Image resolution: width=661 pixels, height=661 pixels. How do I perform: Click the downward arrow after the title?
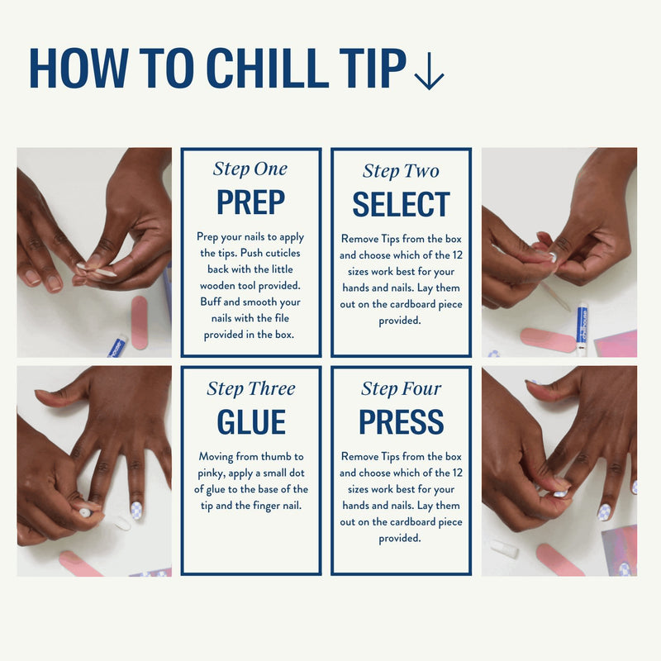[429, 71]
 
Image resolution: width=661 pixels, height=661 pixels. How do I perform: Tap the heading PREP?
[251, 202]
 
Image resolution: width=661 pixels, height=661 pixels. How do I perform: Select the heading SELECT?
[401, 204]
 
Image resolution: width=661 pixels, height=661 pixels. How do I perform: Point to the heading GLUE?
[251, 421]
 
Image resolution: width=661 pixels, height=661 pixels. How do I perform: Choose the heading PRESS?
[402, 421]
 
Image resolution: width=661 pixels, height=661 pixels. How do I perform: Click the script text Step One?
[250, 169]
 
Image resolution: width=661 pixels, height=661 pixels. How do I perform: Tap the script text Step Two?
[401, 171]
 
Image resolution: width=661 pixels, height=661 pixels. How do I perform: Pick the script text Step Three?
[251, 388]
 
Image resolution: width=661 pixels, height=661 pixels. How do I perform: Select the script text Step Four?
[401, 388]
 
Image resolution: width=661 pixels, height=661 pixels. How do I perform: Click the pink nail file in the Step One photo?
[140, 322]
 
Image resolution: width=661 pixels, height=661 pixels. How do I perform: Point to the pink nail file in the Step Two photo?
[548, 340]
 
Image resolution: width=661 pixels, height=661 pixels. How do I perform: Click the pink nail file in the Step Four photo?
[560, 560]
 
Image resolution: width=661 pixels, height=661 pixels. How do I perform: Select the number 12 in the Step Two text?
[457, 255]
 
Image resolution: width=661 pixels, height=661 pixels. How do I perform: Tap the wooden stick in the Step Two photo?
[554, 297]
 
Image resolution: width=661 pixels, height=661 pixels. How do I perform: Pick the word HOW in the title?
[78, 68]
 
